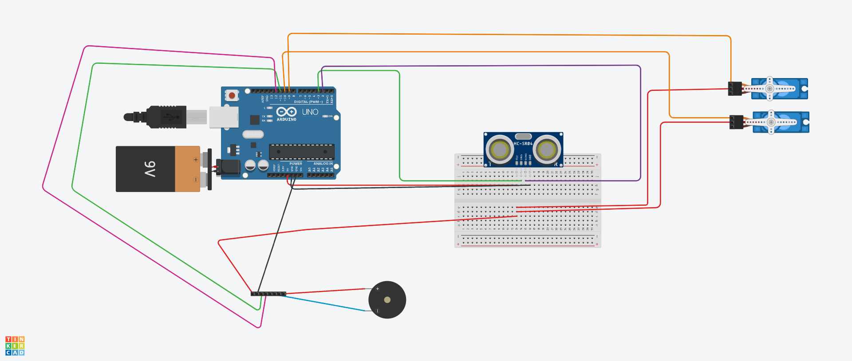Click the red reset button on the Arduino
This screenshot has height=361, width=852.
232,95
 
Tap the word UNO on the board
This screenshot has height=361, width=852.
310,112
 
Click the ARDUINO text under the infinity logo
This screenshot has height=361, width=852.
287,119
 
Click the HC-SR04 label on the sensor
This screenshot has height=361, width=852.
523,144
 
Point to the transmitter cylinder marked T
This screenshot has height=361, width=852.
500,150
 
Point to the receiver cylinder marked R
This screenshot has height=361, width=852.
547,150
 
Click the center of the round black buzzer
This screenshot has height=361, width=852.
387,300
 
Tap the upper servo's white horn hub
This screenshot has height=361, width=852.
770,89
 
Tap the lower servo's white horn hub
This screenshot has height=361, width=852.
771,122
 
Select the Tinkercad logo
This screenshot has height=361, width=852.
15,346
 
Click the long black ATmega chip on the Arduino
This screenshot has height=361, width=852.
302,152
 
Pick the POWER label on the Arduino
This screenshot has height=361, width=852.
296,164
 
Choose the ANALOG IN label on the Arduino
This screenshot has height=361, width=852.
323,164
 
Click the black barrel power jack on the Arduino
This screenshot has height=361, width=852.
229,167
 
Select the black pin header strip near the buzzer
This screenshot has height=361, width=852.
268,294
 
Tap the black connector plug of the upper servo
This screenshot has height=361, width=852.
735,89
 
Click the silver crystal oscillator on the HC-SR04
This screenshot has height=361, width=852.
524,136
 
